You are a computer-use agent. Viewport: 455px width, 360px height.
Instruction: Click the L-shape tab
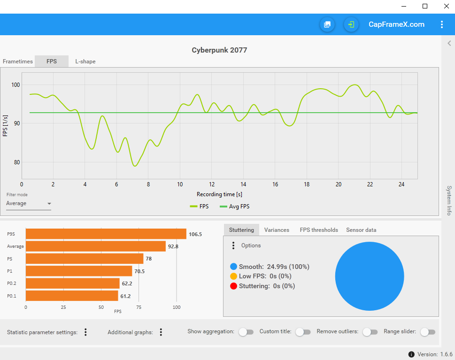click(85, 61)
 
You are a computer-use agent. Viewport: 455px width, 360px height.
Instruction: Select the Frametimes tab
click(18, 61)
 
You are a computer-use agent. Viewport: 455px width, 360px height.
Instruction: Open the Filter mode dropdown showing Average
click(29, 204)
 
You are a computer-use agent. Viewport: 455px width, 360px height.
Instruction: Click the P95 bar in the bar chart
click(106, 234)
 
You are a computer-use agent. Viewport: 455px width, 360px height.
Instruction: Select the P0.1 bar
click(71, 296)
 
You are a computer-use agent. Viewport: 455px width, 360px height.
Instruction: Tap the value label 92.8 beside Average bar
click(173, 246)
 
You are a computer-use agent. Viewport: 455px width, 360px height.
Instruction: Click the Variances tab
click(277, 230)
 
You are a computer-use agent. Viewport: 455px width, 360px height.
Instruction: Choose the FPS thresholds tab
click(319, 230)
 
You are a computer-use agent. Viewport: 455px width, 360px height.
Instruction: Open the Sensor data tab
click(361, 230)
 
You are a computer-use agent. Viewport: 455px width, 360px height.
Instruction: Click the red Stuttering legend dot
click(234, 286)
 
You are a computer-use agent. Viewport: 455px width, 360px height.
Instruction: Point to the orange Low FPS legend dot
click(234, 276)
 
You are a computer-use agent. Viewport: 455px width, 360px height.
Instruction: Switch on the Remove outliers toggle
click(370, 332)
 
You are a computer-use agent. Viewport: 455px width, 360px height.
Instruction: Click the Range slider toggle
click(427, 332)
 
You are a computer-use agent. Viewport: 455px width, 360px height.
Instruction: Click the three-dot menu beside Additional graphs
click(161, 332)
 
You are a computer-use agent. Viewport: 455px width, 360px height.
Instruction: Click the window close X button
click(446, 6)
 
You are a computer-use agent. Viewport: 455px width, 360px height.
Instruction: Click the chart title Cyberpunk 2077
click(219, 50)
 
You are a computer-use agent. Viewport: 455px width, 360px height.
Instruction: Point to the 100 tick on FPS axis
click(16, 85)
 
